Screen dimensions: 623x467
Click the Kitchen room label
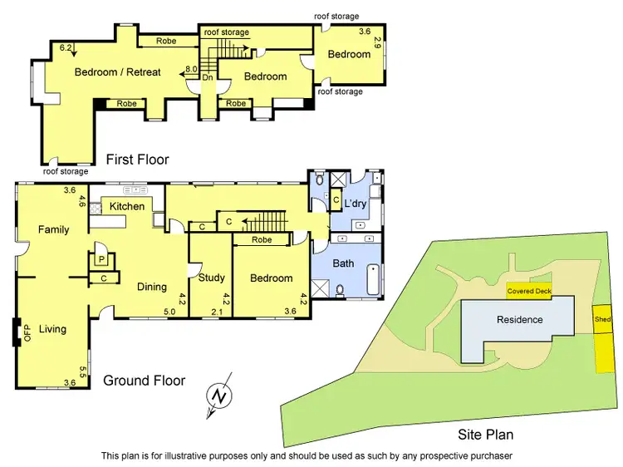coord(127,206)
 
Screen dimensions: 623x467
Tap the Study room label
coord(212,278)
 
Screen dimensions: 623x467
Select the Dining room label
coord(152,287)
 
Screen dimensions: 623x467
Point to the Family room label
coord(53,229)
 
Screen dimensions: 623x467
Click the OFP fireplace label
coord(27,333)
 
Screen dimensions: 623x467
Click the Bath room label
coord(344,263)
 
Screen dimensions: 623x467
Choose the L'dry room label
coord(356,204)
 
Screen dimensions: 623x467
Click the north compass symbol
coord(218,397)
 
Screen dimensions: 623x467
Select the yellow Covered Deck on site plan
coord(530,292)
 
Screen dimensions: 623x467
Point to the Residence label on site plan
coord(520,320)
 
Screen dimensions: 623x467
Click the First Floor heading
coord(137,159)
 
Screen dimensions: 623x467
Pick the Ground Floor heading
coord(144,381)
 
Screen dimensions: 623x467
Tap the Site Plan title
coord(486,434)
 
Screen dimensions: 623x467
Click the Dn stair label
coord(208,77)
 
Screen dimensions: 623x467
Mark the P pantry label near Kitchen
coord(101,259)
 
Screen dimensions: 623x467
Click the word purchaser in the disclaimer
coord(489,455)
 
